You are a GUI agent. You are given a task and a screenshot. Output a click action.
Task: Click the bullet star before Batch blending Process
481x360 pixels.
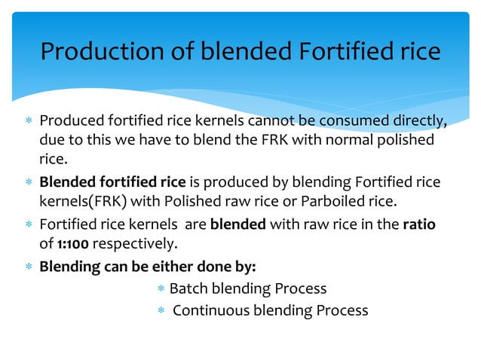161,289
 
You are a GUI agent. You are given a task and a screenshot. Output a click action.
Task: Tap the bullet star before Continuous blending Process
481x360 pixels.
161,310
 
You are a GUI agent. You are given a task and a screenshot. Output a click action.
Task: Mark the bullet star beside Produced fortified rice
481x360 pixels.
27,122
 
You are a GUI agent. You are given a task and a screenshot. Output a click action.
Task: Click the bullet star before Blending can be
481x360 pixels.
27,267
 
